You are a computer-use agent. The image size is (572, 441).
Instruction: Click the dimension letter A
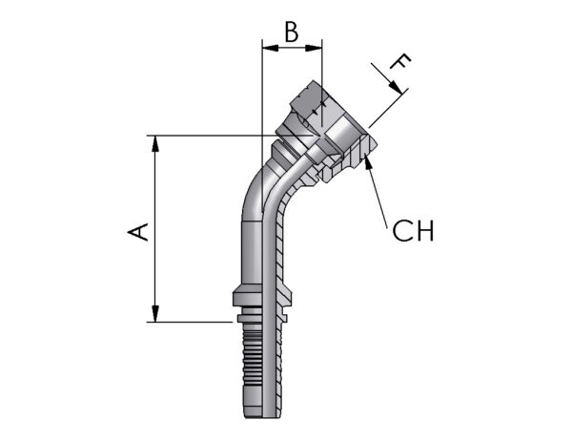[139, 231]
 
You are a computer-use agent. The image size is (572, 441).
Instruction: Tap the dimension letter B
[292, 31]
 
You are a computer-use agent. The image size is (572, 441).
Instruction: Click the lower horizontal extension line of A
[191, 323]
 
